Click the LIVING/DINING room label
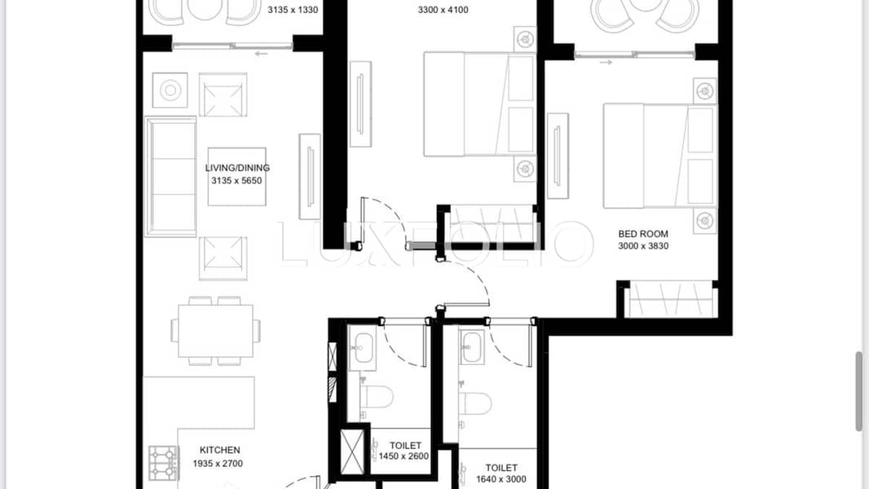click(x=237, y=168)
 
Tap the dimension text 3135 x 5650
click(x=237, y=180)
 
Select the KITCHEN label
click(x=220, y=450)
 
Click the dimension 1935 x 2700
click(x=220, y=462)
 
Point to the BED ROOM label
click(x=643, y=234)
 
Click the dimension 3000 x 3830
click(x=643, y=246)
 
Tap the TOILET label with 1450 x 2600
click(x=405, y=446)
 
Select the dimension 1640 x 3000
click(x=501, y=479)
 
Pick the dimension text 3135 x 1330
click(x=293, y=11)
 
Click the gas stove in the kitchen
click(x=163, y=462)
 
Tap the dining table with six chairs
click(x=215, y=330)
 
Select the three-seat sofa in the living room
click(x=171, y=176)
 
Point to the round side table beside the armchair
click(x=170, y=90)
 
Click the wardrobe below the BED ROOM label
click(x=670, y=300)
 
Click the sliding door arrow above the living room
click(x=261, y=55)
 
